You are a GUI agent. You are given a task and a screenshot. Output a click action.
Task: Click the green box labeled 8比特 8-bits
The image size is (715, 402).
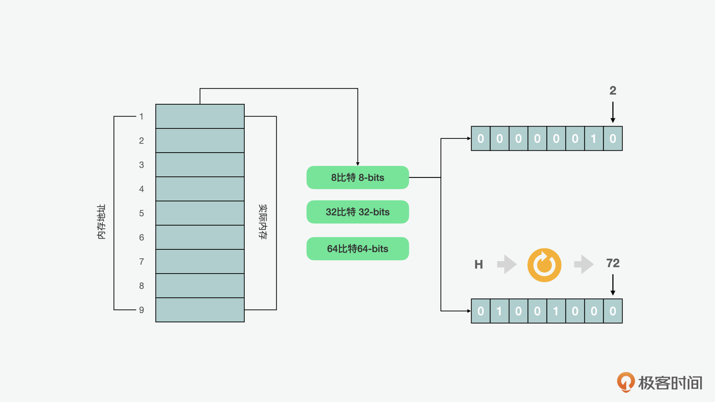tap(357, 178)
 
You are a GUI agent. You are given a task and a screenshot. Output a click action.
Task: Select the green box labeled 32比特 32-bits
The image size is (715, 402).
tap(357, 212)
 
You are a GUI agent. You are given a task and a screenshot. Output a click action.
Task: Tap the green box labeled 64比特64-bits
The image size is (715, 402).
tap(357, 249)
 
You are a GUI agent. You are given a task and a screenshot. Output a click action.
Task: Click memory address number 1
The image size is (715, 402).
tap(142, 117)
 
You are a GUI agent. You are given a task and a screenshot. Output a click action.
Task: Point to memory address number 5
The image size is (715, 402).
tap(142, 213)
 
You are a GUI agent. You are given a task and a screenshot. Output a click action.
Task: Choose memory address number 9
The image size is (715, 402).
tap(142, 310)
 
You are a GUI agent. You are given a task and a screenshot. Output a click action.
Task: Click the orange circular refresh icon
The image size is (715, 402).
tap(544, 265)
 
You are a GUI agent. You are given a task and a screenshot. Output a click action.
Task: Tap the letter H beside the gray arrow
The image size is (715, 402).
tap(479, 265)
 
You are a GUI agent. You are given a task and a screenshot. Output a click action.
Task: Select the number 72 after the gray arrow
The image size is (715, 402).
tap(613, 263)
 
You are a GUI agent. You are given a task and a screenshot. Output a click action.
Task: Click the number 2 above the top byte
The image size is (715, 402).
tap(613, 90)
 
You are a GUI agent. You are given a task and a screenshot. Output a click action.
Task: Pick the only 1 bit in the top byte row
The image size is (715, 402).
tap(594, 139)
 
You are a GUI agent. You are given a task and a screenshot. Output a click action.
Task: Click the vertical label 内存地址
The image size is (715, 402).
tap(101, 221)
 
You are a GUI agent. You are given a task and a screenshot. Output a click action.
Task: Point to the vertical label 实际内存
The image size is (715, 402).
tap(263, 221)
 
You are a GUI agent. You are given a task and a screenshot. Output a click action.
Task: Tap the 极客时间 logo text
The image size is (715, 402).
tap(670, 383)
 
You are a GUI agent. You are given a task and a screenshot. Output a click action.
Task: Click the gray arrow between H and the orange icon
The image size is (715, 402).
tap(507, 264)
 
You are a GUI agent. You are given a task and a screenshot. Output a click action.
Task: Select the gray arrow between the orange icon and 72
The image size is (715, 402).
tap(584, 264)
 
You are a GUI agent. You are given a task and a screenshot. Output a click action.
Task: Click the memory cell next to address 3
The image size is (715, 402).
tap(200, 165)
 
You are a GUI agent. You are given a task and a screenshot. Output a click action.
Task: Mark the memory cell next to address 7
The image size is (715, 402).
tap(200, 262)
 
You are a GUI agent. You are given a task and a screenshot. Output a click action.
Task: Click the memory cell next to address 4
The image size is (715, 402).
tap(200, 189)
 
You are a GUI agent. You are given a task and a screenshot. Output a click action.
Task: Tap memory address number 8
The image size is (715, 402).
tap(142, 286)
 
